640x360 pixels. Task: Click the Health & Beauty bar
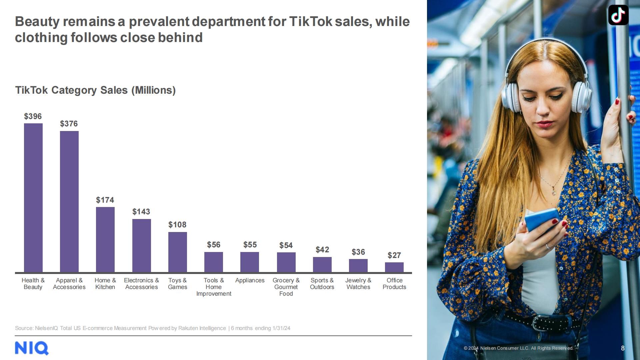[33, 198]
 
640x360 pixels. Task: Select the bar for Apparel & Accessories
[69, 201]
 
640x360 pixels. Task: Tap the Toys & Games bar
[178, 252]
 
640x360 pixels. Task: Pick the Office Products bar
[394, 267]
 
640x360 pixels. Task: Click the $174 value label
[105, 200]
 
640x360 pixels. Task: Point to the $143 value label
[141, 212]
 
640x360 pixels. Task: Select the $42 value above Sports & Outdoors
[322, 250]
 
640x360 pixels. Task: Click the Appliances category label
[250, 280]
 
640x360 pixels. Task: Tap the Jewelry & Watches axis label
[358, 284]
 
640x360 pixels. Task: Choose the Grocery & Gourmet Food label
[286, 287]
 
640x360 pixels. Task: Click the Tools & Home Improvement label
[214, 287]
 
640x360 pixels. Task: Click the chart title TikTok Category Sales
[95, 90]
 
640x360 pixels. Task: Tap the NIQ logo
[32, 348]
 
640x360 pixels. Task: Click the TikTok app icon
[618, 15]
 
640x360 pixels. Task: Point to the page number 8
[623, 348]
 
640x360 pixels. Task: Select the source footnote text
[153, 328]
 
